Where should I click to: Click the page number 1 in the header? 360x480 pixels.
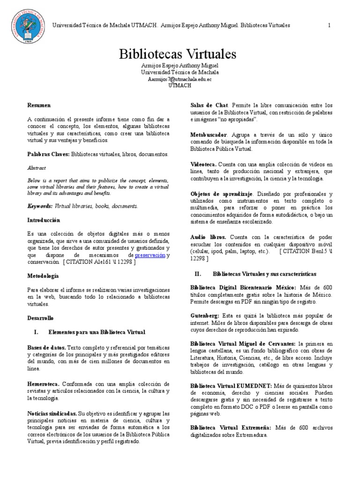coord(330,25)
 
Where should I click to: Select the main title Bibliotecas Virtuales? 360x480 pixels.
coord(180,53)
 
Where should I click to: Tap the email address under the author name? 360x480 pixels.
coord(180,79)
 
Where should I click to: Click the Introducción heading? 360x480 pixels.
coord(44,220)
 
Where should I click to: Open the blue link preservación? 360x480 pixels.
coord(150,255)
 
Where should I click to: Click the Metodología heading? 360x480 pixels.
coord(43,276)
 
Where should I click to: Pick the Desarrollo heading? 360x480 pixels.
coord(40,318)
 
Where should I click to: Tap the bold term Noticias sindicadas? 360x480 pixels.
coord(52,414)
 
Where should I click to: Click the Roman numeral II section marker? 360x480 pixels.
coord(198,273)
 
